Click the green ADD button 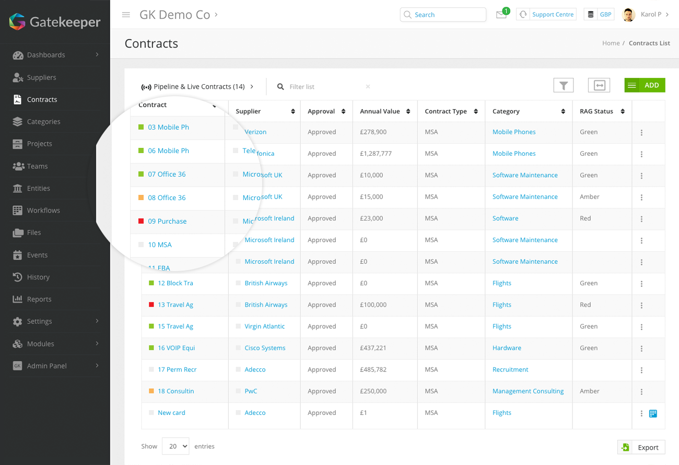[645, 85]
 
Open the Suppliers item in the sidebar [41, 77]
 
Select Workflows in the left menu [43, 210]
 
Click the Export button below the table [641, 447]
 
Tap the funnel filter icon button [563, 85]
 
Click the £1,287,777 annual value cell [376, 154]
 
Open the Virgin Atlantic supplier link [264, 326]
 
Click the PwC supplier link [251, 391]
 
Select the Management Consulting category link [528, 391]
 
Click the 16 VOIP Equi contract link [176, 348]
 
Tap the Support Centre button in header [546, 15]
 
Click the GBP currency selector [599, 15]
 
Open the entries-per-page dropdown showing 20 [175, 446]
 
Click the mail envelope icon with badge [501, 15]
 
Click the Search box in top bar [443, 15]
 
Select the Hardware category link [507, 348]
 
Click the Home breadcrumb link [611, 43]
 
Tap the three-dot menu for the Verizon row [641, 133]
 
